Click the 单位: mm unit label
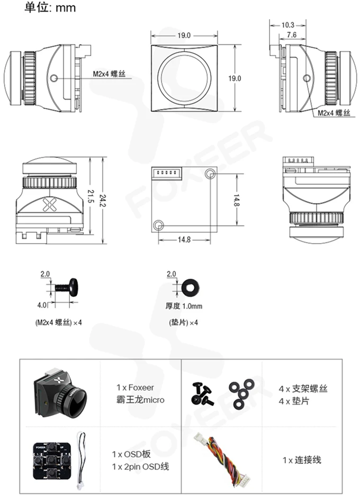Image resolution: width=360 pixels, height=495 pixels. (x=50, y=7)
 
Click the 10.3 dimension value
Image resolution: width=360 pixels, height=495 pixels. (x=287, y=25)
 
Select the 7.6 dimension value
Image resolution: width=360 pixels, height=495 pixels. (x=292, y=35)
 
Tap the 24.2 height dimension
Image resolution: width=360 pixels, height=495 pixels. (x=103, y=201)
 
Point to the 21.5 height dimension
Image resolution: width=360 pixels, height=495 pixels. (x=91, y=196)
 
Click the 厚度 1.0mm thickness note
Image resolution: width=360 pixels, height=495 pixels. (x=184, y=306)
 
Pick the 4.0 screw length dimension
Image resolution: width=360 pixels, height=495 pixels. (x=42, y=305)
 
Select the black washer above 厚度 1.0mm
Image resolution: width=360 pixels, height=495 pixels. (x=190, y=287)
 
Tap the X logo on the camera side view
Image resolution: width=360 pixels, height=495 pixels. (x=49, y=204)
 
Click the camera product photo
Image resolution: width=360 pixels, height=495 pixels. (x=60, y=391)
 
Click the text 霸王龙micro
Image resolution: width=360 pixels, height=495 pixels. (x=140, y=400)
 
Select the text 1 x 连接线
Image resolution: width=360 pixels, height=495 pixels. (x=302, y=460)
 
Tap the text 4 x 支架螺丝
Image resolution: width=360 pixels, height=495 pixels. (x=303, y=389)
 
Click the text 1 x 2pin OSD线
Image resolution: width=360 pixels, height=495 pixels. (x=140, y=466)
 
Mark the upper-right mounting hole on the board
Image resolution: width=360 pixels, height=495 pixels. (x=210, y=173)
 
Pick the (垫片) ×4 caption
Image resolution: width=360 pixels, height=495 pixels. (x=184, y=322)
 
